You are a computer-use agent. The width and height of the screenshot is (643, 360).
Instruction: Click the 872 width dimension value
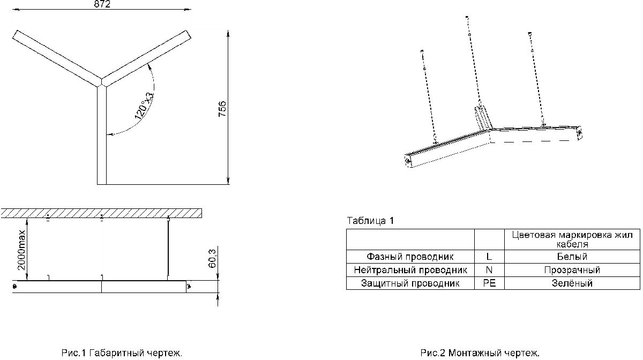click(x=102, y=4)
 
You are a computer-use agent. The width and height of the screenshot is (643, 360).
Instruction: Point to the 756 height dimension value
click(x=222, y=109)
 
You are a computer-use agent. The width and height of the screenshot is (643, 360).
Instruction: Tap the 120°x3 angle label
click(x=144, y=106)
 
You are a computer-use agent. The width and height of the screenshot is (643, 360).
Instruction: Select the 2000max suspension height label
click(x=21, y=250)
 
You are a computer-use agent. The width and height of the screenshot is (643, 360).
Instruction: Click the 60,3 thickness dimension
click(x=212, y=258)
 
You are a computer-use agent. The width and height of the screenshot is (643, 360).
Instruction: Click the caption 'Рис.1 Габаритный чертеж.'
click(x=122, y=353)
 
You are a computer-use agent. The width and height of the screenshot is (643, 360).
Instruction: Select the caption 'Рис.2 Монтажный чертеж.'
click(x=480, y=353)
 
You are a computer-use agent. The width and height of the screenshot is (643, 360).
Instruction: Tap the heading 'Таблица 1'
click(x=370, y=221)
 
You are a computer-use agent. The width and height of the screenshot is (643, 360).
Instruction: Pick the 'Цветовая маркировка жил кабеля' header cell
click(x=572, y=239)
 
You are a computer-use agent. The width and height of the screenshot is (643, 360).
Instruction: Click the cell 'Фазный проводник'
click(x=410, y=257)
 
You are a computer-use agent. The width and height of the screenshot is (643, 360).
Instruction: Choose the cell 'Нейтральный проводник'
click(x=410, y=270)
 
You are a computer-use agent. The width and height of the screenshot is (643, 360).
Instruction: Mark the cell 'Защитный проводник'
click(x=410, y=283)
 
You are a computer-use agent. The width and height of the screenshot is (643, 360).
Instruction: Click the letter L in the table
click(x=489, y=257)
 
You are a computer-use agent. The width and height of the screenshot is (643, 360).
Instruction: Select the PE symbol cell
click(x=489, y=283)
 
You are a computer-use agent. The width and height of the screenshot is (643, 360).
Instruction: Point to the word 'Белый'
click(x=572, y=257)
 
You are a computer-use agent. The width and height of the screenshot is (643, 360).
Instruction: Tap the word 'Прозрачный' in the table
click(x=572, y=270)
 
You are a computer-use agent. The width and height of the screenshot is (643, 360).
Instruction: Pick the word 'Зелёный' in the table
click(x=572, y=283)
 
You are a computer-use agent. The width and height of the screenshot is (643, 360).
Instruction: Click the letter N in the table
click(x=489, y=270)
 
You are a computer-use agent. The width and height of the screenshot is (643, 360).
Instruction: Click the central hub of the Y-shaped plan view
click(x=102, y=82)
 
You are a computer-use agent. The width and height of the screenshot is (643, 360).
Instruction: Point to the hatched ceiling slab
click(x=101, y=213)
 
